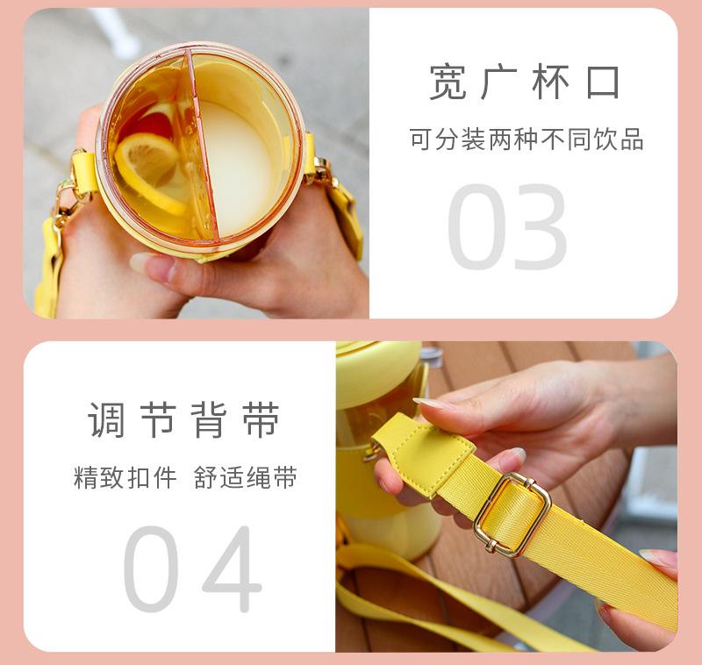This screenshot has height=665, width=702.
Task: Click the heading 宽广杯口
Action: [525, 82]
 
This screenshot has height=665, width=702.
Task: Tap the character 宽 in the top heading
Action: [448, 82]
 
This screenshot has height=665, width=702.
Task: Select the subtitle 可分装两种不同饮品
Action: [526, 139]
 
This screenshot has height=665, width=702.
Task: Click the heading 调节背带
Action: [183, 420]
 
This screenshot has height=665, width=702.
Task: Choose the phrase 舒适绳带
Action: [246, 478]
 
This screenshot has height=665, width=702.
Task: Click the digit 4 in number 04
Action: [230, 569]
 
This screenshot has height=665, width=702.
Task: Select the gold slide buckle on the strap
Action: [512, 514]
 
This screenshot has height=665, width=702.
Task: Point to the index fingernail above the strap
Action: [429, 403]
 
